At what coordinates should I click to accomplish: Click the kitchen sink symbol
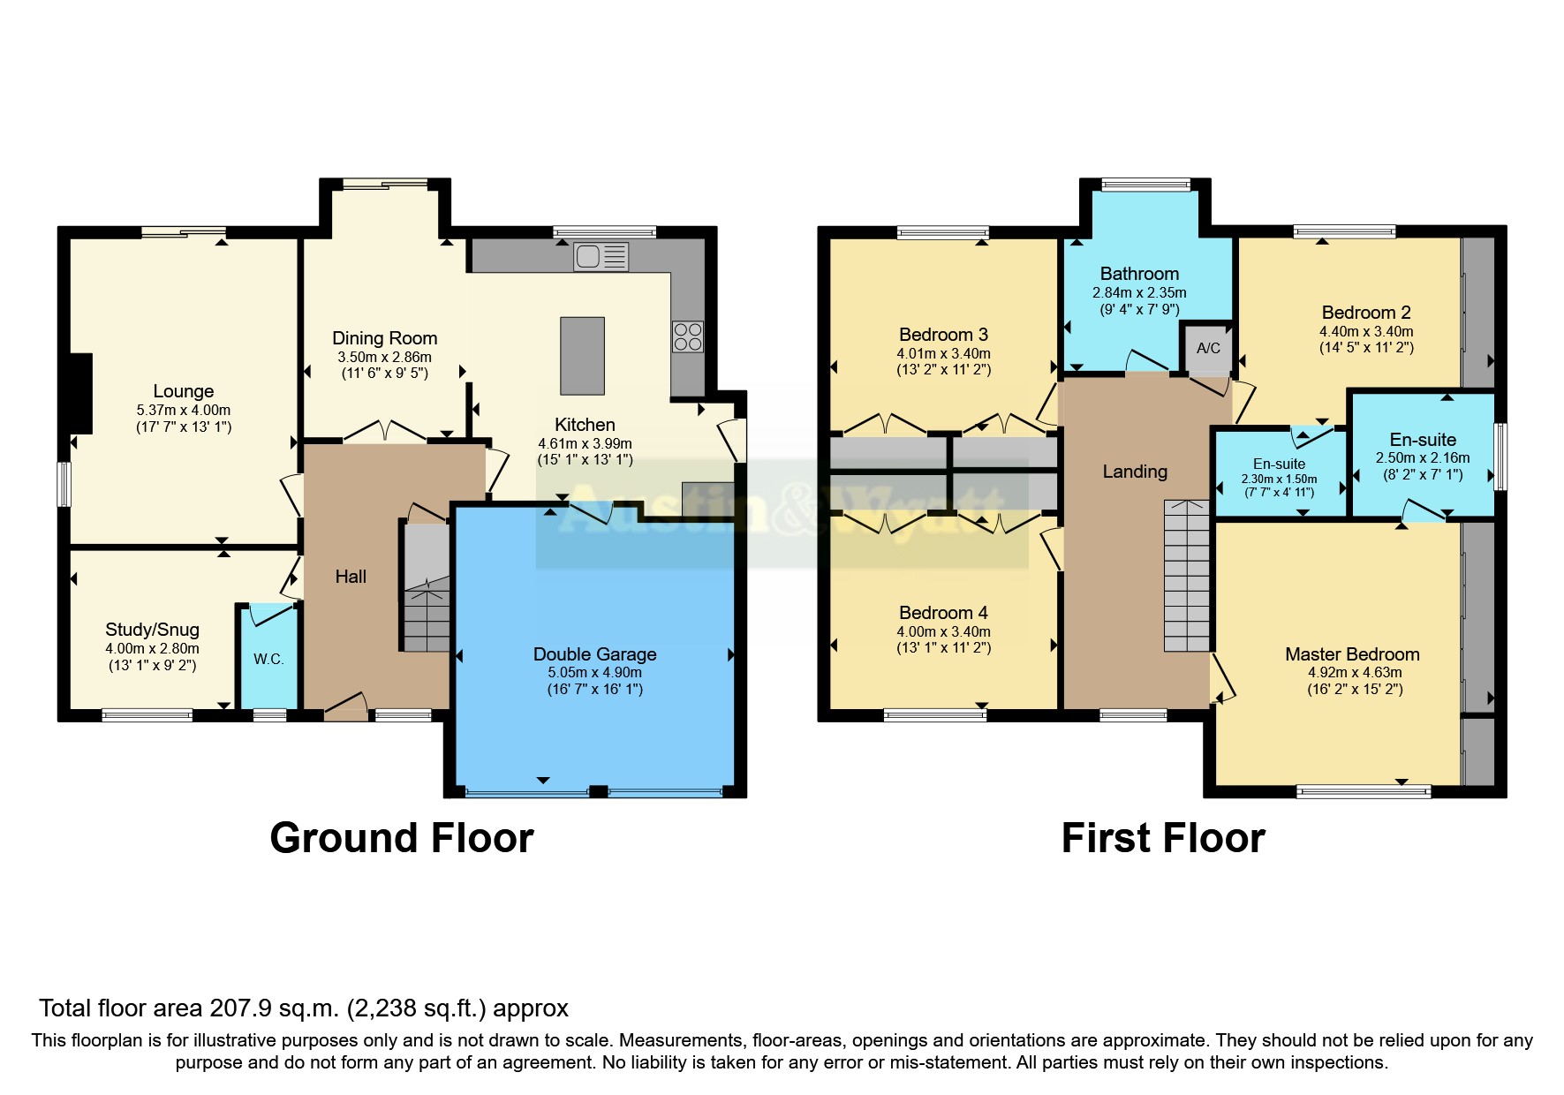tap(601, 257)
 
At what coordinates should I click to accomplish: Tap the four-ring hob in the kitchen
tap(688, 336)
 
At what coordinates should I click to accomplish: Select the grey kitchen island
tap(582, 356)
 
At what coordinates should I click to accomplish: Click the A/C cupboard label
tap(1208, 348)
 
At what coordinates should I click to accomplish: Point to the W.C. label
tap(268, 659)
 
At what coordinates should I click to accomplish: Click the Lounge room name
tap(183, 391)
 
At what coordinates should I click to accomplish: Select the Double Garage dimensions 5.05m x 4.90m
tap(594, 672)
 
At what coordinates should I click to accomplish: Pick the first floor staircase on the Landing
tap(1186, 576)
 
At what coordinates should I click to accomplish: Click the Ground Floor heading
tap(402, 838)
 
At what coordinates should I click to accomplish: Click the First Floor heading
tap(1162, 838)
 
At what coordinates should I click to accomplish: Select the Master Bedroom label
tap(1351, 654)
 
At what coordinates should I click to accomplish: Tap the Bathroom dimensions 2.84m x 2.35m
tap(1138, 292)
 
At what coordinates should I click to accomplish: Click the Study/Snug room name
tap(152, 630)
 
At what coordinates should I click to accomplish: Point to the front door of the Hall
tap(345, 706)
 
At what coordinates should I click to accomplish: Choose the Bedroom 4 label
tap(942, 613)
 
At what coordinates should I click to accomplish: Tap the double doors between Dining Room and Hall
tap(384, 431)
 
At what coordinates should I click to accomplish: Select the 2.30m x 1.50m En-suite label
tap(1278, 479)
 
